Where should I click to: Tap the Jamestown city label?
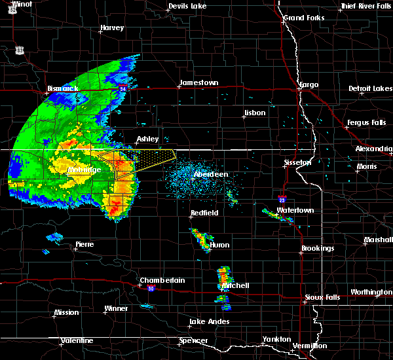(x=199, y=82)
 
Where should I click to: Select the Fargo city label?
(x=308, y=85)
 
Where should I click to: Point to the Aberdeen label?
(x=211, y=175)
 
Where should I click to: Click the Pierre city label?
(x=84, y=244)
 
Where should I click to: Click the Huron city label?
(x=220, y=245)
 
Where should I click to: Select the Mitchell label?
(x=235, y=286)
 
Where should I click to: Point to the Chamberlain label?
(x=162, y=280)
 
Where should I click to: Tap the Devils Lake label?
(x=188, y=6)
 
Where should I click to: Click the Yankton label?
(x=276, y=339)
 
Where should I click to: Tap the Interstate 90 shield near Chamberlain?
(x=151, y=288)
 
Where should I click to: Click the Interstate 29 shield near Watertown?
(x=282, y=200)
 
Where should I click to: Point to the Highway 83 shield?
(x=20, y=50)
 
